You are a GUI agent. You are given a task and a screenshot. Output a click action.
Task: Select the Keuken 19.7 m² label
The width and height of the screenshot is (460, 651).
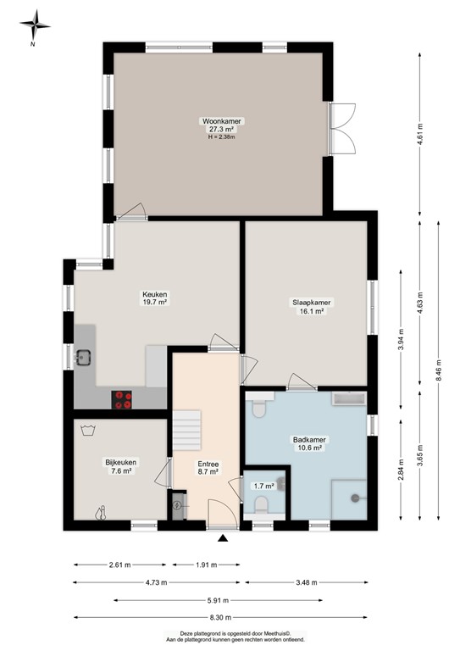pos(154,298)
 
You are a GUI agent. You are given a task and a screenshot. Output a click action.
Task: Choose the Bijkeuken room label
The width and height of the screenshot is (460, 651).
pos(120,466)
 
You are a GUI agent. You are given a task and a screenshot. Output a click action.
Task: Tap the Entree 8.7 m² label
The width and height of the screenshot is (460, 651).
pos(208,468)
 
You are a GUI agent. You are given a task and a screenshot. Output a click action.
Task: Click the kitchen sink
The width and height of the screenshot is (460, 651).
pos(84,357)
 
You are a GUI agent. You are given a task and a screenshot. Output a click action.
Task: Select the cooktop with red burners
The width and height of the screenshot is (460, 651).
pos(124,398)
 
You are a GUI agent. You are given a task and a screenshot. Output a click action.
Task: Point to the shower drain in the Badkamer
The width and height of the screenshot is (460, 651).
pos(355,499)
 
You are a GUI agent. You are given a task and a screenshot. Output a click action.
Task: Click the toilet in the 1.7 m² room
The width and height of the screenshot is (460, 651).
pos(263,507)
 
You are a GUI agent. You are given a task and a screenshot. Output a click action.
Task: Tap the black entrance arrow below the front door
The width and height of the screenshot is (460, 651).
pos(223,537)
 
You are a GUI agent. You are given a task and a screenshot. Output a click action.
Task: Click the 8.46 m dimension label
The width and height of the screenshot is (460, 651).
pos(438,370)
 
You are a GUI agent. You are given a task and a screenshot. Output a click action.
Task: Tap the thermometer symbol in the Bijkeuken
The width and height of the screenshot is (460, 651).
pos(101,512)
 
